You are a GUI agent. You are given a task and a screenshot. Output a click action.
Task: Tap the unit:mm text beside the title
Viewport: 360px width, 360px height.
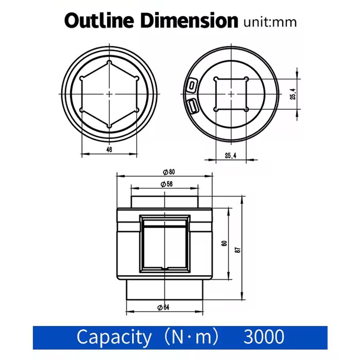(x=270, y=22)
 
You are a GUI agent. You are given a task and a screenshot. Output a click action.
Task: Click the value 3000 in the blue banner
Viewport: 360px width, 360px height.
(x=264, y=337)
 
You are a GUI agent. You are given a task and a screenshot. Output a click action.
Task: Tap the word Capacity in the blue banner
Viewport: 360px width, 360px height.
(x=113, y=337)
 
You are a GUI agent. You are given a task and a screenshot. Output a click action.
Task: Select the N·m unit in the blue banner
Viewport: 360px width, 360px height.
(x=192, y=337)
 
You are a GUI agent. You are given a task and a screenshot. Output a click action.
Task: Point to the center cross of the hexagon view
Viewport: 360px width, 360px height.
(x=109, y=93)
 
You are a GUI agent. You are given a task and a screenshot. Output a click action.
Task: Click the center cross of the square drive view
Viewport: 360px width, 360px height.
(x=231, y=94)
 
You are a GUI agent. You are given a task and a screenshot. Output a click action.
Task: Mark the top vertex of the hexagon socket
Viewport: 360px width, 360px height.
(x=109, y=62)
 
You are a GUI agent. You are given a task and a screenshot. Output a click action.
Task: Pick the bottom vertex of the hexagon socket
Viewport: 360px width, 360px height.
(x=109, y=126)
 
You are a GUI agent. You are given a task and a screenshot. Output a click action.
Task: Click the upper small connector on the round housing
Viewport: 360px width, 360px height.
(x=192, y=84)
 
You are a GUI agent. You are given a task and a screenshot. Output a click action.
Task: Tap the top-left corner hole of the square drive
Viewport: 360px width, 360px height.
(x=216, y=79)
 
